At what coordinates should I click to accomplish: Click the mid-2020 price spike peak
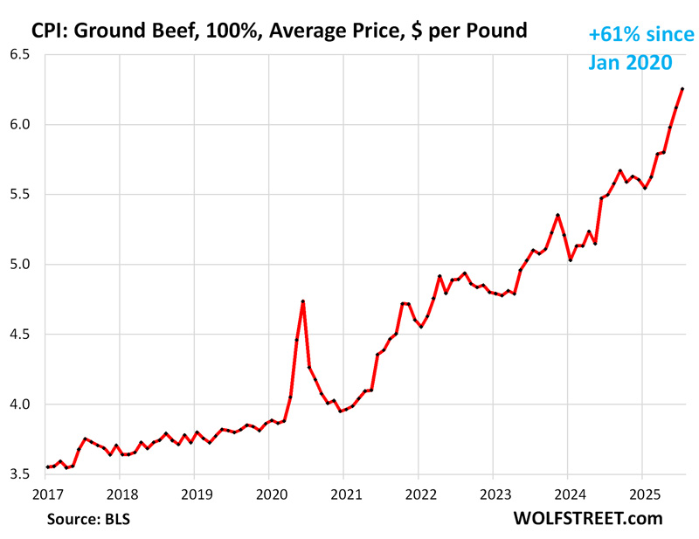point(302,301)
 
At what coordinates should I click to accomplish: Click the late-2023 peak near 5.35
point(557,215)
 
